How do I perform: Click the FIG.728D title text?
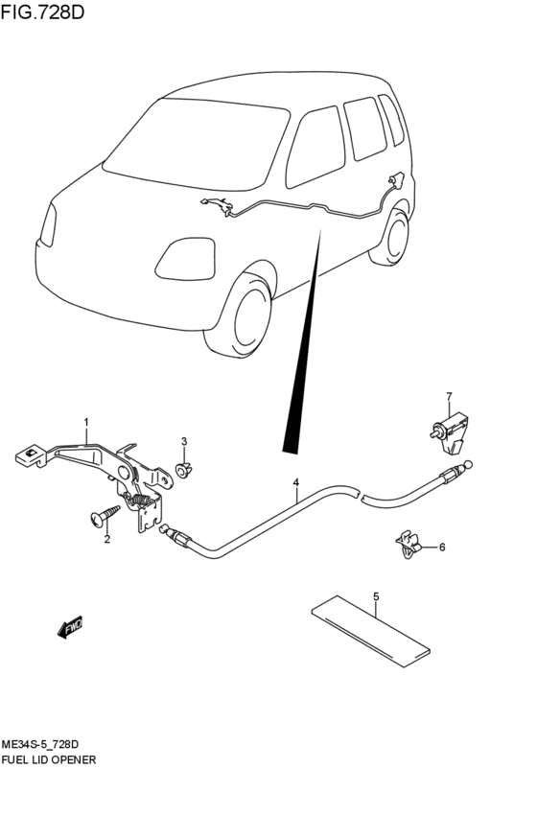(42, 12)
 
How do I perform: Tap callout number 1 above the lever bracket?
(86, 422)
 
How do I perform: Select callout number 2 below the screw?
(107, 540)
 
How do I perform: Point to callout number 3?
(184, 442)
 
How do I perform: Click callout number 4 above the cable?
(295, 482)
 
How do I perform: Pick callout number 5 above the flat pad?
(376, 597)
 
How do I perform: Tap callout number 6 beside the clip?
(442, 547)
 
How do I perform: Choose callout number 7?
(449, 397)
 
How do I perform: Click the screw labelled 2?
(105, 515)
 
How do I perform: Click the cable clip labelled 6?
(409, 544)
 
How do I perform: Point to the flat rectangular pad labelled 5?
(371, 631)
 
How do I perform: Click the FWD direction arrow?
(70, 627)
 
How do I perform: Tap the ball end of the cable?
(469, 464)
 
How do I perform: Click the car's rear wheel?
(394, 237)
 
